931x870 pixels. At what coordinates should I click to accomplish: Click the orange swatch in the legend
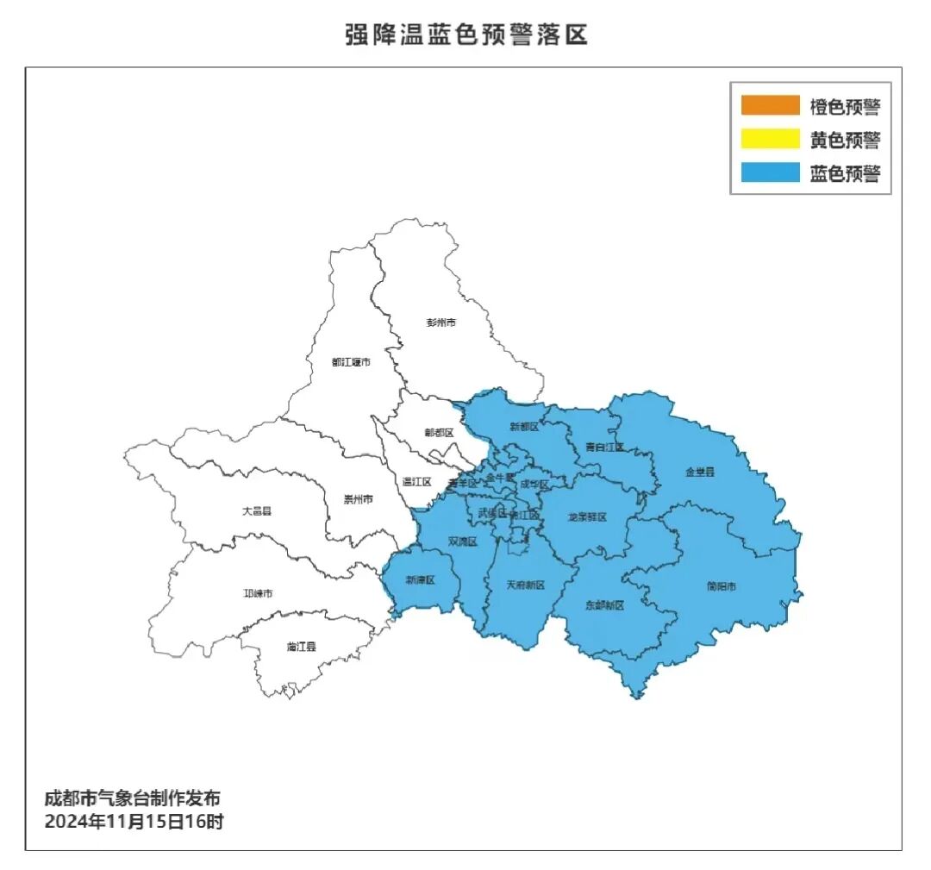click(x=770, y=105)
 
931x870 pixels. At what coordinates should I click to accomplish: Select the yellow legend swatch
click(x=770, y=139)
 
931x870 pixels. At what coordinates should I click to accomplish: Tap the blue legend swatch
click(x=770, y=172)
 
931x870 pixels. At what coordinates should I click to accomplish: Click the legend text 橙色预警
click(x=845, y=107)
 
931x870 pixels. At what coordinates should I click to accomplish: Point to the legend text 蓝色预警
click(x=845, y=173)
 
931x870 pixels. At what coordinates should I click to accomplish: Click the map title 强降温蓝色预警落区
click(x=465, y=35)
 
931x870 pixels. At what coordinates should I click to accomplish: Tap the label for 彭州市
click(x=441, y=322)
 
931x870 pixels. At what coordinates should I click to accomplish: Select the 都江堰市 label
click(x=351, y=362)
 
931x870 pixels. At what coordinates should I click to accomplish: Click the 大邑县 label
click(x=256, y=511)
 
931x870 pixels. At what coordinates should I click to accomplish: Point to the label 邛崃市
click(x=258, y=594)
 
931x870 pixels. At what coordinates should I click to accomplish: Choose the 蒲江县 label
click(x=301, y=646)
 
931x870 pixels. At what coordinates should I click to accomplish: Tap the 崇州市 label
click(x=358, y=499)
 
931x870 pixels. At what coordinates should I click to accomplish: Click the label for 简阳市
click(x=722, y=587)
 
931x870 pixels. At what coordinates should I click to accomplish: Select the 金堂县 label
click(x=700, y=472)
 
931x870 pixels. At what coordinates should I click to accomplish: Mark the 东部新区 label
click(x=603, y=605)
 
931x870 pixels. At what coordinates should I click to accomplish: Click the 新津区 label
click(x=421, y=580)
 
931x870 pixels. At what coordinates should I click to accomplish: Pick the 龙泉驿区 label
click(x=587, y=517)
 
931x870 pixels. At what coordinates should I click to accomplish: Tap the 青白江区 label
click(x=603, y=447)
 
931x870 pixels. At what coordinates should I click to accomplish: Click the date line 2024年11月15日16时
click(x=134, y=822)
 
